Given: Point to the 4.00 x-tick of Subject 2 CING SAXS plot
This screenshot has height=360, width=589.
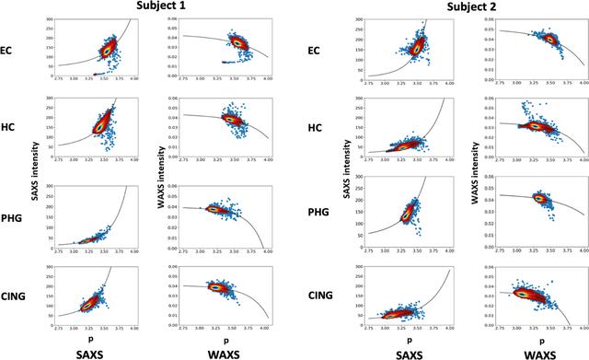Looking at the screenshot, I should click(447, 328).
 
